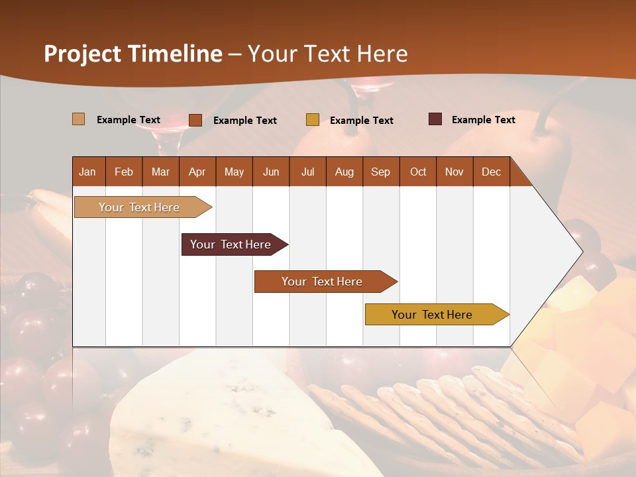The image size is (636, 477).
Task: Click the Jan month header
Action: pos(88,172)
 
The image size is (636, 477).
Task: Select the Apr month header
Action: pos(197,172)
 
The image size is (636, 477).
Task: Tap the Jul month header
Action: pos(307,172)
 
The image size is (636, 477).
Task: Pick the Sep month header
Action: pos(380,172)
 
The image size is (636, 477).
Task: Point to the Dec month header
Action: pos(491,172)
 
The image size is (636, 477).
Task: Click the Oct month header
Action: pos(418,172)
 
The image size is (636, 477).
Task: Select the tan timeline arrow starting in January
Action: pos(139,207)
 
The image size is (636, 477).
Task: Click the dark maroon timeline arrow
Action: pos(231,244)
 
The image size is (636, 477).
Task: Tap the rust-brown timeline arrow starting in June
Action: pos(322,282)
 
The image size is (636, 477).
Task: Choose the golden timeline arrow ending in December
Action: pos(432,315)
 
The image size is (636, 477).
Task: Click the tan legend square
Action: pos(78,119)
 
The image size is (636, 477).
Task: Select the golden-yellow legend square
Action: pos(313,120)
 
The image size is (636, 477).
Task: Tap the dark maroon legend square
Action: pos(435,119)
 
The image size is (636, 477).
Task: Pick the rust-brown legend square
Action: pos(195,120)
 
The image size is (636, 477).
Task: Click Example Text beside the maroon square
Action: pos(483,120)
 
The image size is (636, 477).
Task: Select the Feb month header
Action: pos(124,172)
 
